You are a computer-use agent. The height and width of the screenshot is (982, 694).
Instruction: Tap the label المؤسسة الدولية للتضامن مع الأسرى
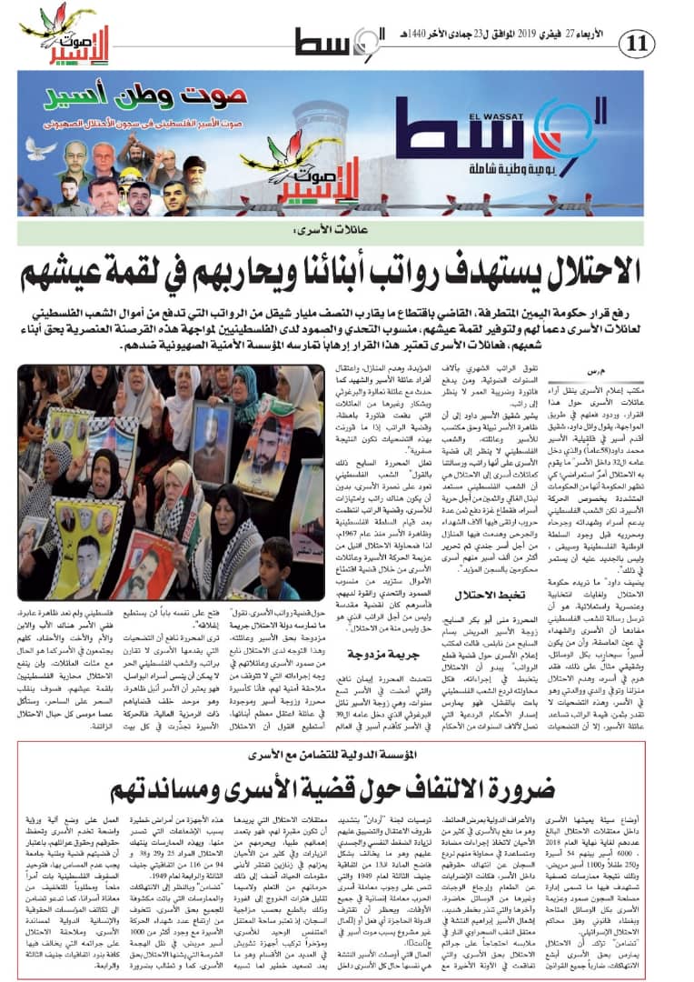click(347, 755)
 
